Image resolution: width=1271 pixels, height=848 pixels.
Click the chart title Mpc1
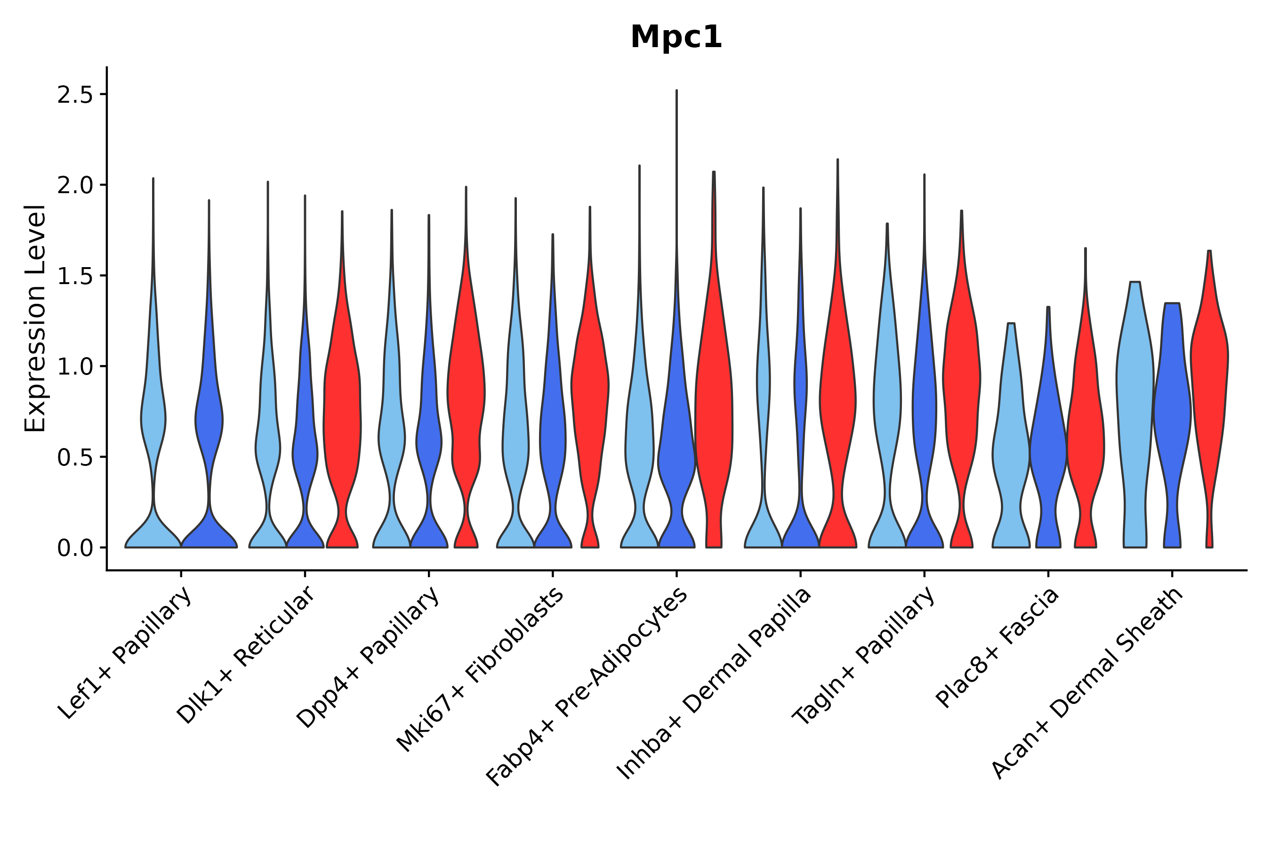[676, 37]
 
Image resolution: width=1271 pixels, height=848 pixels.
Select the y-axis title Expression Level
[35, 318]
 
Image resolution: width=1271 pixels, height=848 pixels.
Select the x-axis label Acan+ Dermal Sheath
[1088, 685]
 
